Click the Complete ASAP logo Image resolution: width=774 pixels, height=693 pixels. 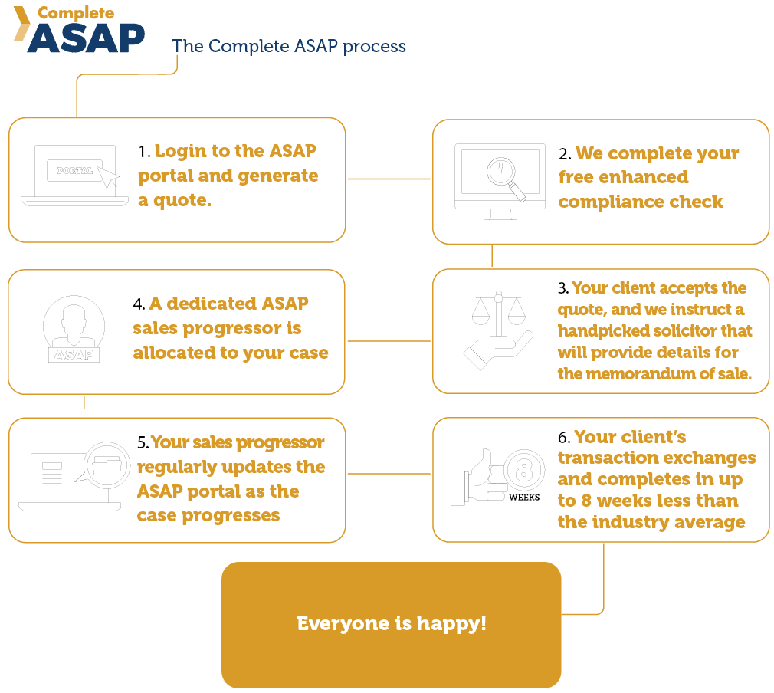[x=80, y=30]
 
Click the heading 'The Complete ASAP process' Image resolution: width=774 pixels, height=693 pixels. [x=289, y=46]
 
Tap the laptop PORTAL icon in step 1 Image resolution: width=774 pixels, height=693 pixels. [x=74, y=176]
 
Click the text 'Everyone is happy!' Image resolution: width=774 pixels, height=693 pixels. [x=391, y=623]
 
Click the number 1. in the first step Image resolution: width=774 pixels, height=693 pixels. [x=144, y=152]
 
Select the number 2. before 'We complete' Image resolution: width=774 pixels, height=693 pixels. [x=565, y=153]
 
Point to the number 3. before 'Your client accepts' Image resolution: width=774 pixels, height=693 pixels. [x=563, y=289]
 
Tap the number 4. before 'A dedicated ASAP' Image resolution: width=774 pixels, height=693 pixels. [x=139, y=304]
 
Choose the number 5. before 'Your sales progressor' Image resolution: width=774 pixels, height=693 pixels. [x=143, y=443]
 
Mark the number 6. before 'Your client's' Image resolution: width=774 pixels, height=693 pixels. [x=564, y=438]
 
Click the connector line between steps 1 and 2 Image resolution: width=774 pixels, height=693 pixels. [x=389, y=179]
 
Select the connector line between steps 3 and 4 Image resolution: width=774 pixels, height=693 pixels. [x=389, y=340]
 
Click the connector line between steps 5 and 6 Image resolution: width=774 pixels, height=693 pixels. [x=389, y=473]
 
